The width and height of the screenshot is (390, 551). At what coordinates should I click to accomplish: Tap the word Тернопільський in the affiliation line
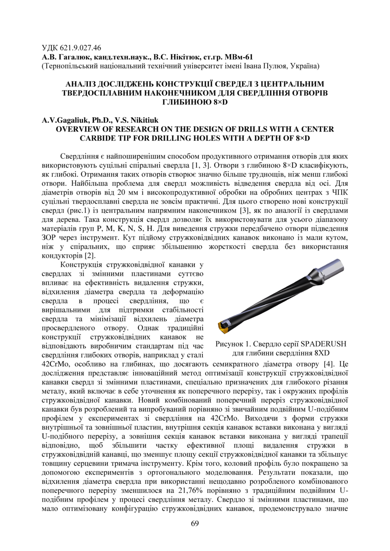[68, 66]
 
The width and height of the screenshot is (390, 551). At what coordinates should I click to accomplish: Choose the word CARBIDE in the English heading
[101, 138]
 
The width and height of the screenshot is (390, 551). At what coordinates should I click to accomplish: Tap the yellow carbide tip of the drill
[222, 327]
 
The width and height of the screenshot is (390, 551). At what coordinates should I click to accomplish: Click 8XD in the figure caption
[320, 353]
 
